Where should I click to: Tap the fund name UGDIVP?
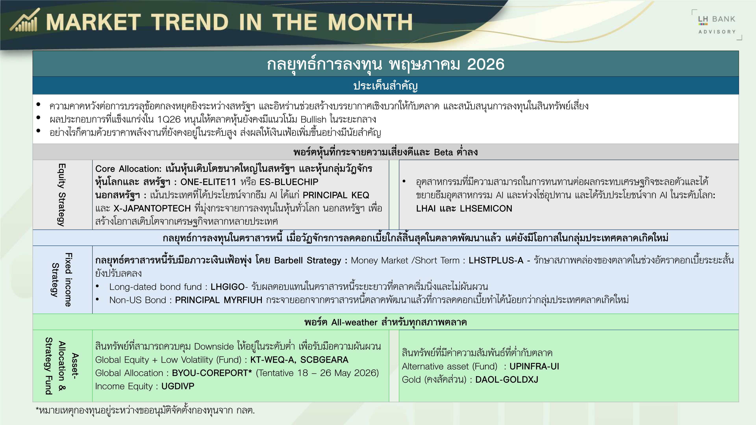click(178, 386)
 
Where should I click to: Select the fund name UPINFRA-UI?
click(534, 366)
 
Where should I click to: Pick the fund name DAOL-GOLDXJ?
click(507, 380)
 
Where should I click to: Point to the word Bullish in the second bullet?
click(313, 119)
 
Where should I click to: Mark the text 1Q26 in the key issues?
click(169, 119)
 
